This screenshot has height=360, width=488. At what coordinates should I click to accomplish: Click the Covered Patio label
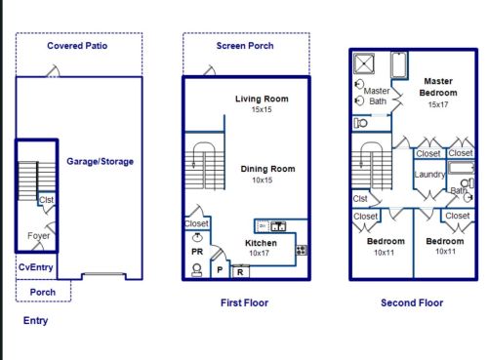[77, 46]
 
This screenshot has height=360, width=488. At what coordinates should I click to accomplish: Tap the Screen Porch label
[245, 46]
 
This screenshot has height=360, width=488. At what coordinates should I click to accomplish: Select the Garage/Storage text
[100, 161]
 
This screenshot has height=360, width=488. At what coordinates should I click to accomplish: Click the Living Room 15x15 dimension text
[262, 109]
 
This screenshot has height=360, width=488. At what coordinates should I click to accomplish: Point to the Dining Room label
[267, 169]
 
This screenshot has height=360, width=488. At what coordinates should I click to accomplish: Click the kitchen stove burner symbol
[302, 250]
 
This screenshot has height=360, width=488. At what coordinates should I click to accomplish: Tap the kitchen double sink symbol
[278, 226]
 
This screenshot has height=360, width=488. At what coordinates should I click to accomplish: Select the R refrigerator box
[240, 272]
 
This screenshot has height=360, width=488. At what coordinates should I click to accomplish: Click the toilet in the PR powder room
[197, 270]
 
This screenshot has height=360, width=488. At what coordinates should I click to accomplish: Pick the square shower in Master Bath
[364, 63]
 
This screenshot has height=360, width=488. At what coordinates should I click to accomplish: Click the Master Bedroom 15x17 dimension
[438, 104]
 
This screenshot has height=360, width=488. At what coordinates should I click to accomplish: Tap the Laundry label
[429, 175]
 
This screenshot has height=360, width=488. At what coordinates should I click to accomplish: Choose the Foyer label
[38, 235]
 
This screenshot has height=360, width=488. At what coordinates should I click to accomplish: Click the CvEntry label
[35, 267]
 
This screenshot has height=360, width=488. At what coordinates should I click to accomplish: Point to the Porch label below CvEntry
[43, 292]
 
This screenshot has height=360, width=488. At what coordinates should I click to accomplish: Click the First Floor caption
[244, 302]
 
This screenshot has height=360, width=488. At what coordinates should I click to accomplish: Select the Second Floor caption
[412, 302]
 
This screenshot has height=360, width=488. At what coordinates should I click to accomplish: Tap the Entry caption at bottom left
[35, 321]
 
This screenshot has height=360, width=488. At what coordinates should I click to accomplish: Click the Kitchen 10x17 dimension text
[259, 253]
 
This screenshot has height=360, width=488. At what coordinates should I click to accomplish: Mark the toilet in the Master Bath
[360, 123]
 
